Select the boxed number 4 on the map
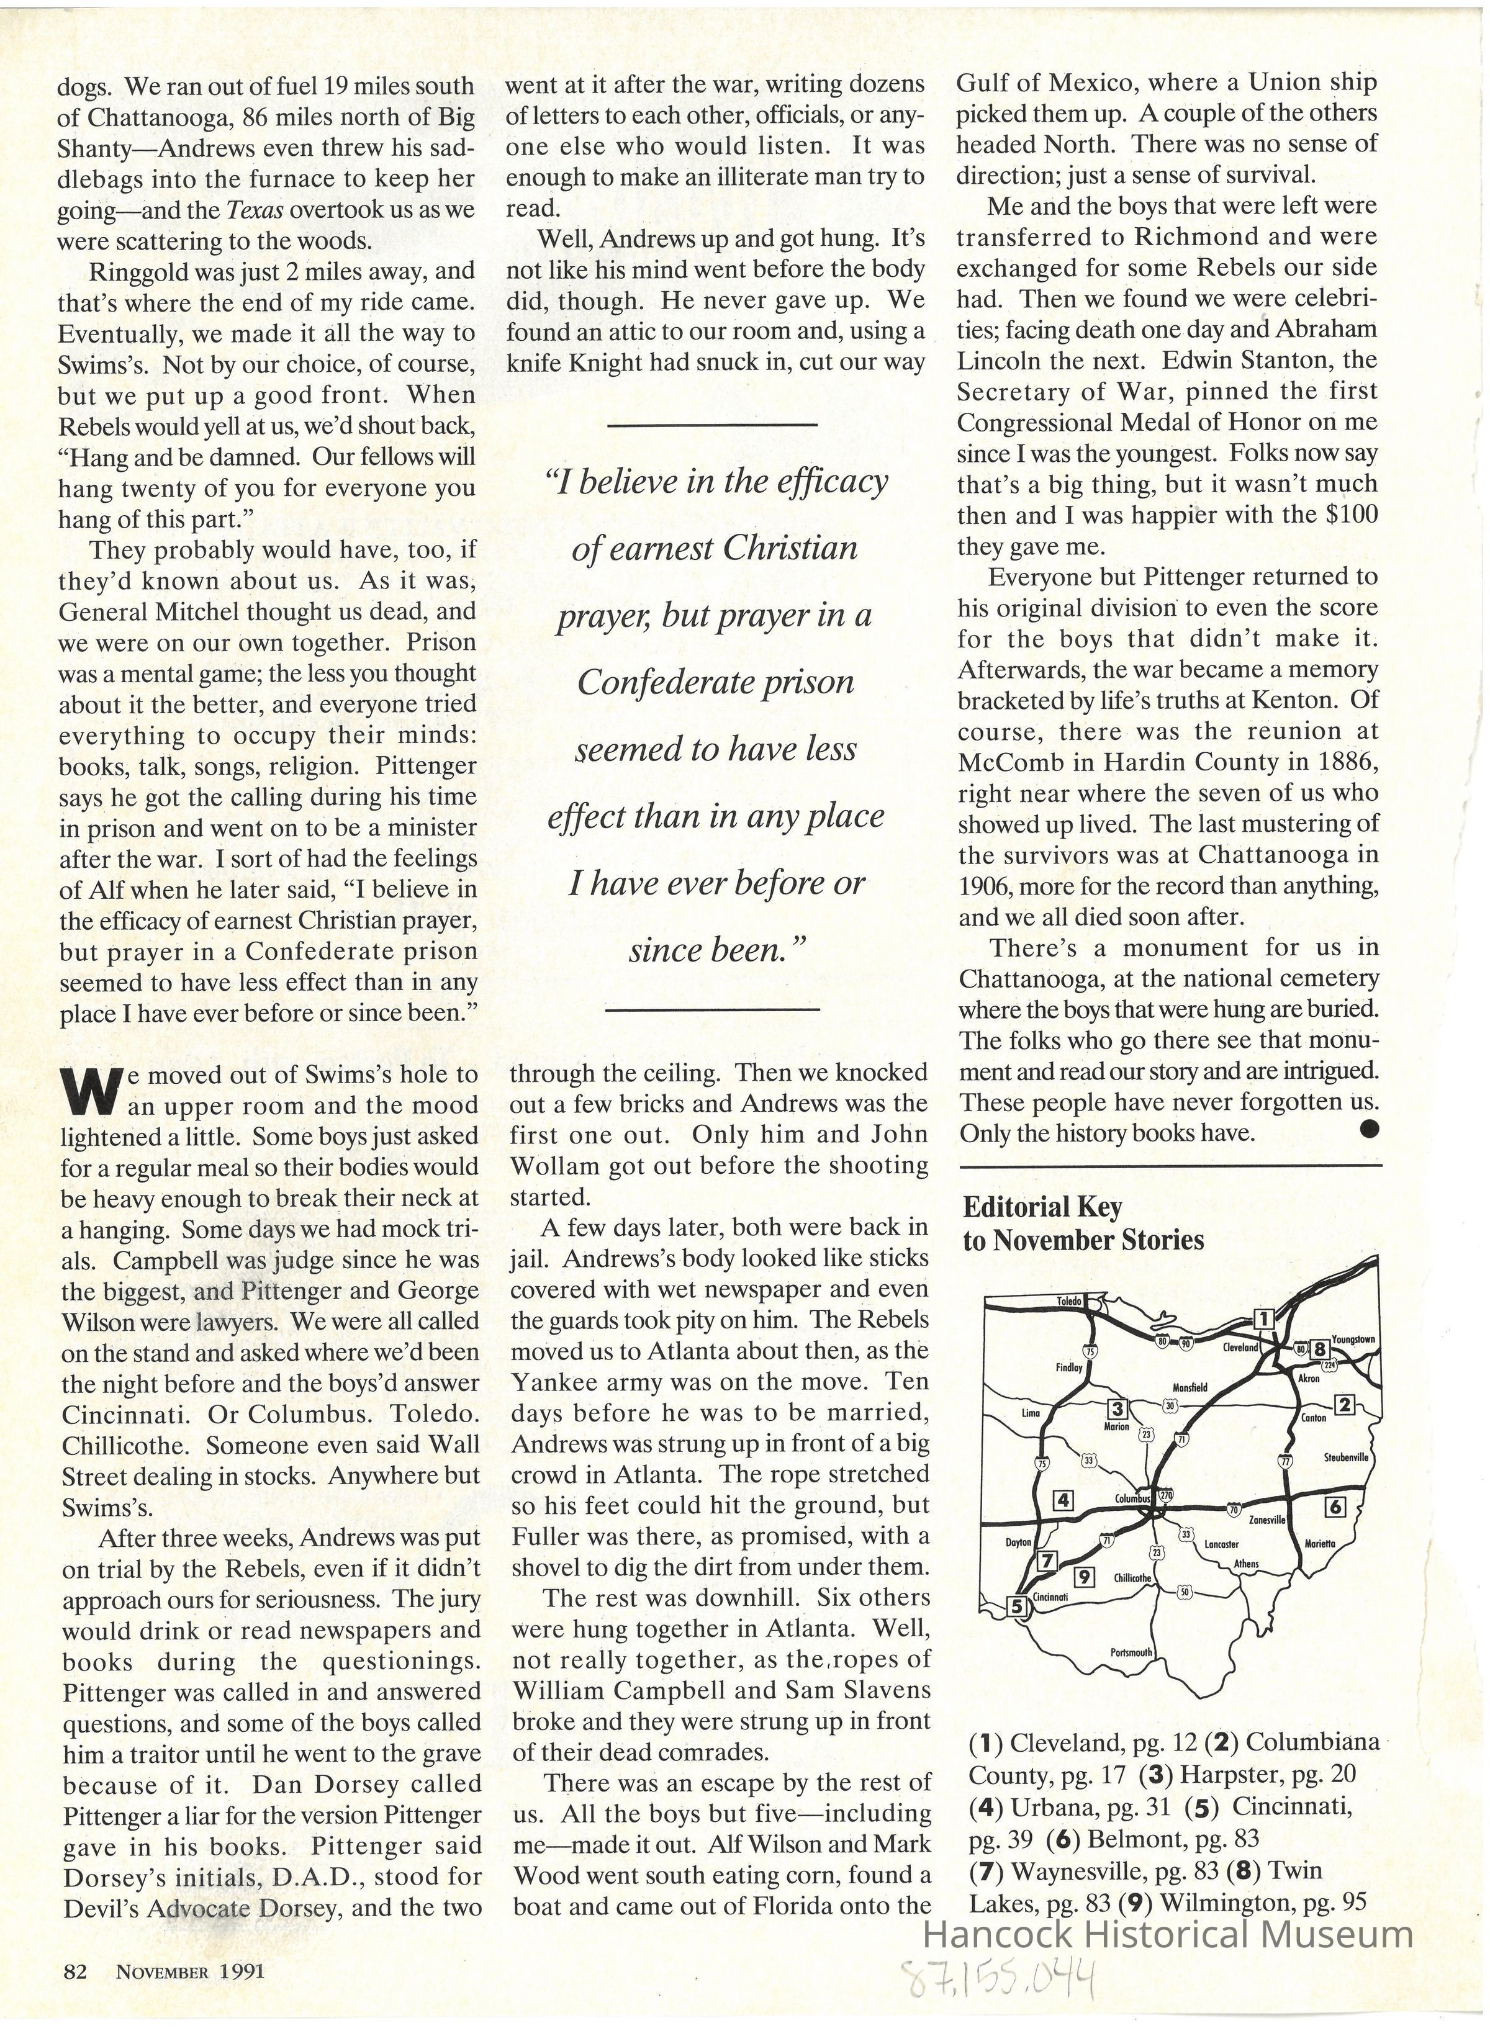click(1064, 1500)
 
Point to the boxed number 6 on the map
click(1335, 1506)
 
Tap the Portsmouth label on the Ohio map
click(1131, 1653)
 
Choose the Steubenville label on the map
click(1346, 1457)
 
